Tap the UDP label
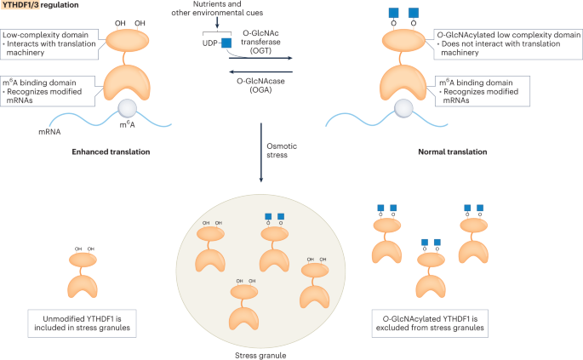[x=208, y=43]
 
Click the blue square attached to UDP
[x=226, y=43]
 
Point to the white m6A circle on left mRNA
[x=128, y=110]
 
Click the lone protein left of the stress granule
[x=83, y=274]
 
